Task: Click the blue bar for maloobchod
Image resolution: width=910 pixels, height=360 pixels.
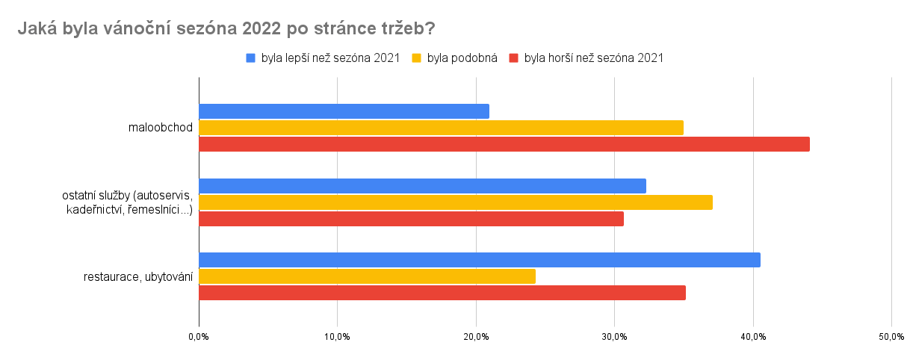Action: pyautogui.click(x=344, y=111)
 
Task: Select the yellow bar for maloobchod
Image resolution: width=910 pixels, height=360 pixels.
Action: pyautogui.click(x=441, y=128)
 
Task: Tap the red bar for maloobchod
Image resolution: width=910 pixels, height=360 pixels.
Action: pyautogui.click(x=504, y=144)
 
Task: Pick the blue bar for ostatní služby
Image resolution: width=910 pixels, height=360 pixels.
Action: pyautogui.click(x=422, y=186)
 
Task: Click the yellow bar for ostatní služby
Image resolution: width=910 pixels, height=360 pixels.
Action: pyautogui.click(x=456, y=202)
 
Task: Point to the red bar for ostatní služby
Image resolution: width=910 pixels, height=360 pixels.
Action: pyautogui.click(x=411, y=219)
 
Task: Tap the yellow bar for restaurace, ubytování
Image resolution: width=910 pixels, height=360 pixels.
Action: pyautogui.click(x=367, y=276)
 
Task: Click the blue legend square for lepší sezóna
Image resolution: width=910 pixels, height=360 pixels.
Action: pyautogui.click(x=251, y=58)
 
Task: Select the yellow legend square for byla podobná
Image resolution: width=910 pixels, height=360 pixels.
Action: pyautogui.click(x=417, y=58)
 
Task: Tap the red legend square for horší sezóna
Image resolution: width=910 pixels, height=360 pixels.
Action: pyautogui.click(x=514, y=58)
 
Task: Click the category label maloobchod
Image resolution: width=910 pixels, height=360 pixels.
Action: pyautogui.click(x=161, y=128)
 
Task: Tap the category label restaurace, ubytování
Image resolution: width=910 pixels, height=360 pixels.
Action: pyautogui.click(x=138, y=277)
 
